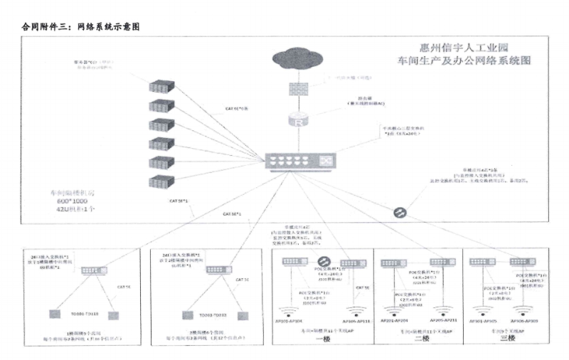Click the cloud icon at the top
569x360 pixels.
(297, 57)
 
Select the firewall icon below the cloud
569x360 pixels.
(297, 89)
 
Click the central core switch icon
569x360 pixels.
(299, 162)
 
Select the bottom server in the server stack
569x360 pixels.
(161, 181)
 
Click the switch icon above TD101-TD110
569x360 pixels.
(93, 270)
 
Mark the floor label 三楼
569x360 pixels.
(508, 338)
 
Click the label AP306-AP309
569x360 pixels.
(523, 320)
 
